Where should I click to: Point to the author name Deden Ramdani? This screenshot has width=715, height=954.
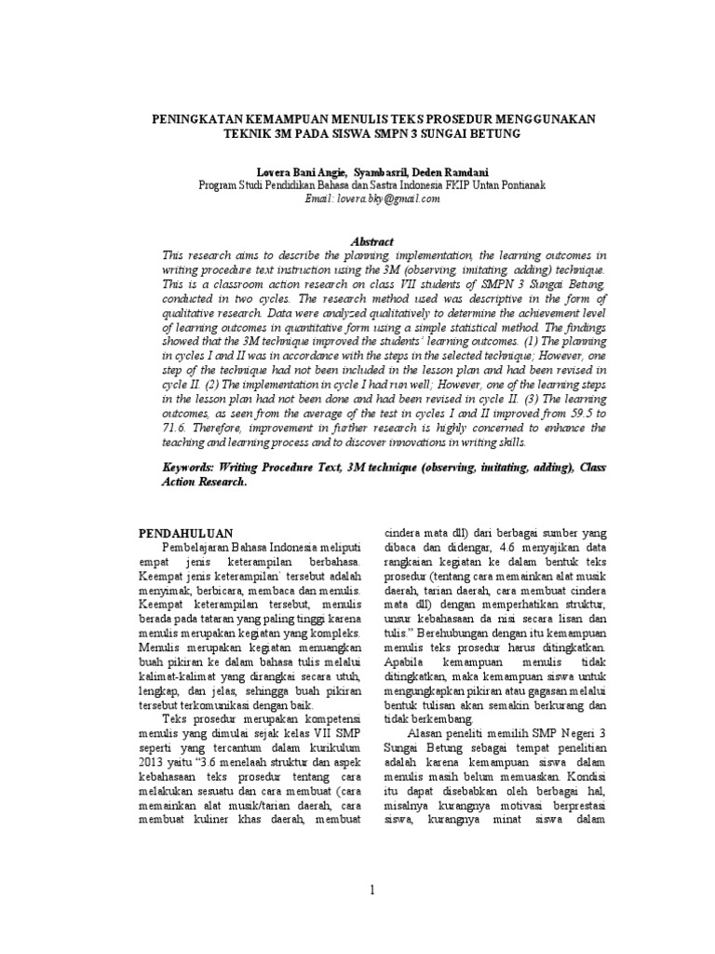(x=450, y=172)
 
